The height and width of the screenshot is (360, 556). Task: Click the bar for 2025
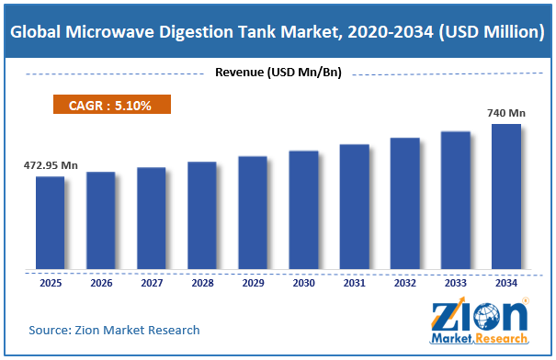click(50, 222)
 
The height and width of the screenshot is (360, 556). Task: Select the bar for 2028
click(202, 216)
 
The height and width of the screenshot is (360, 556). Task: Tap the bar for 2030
click(303, 209)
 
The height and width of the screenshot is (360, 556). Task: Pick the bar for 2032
click(405, 203)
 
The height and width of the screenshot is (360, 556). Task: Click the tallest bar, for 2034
click(506, 197)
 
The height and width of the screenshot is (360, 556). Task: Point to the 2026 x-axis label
click(101, 283)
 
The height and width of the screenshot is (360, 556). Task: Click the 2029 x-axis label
click(253, 283)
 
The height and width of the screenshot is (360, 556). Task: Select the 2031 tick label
click(354, 283)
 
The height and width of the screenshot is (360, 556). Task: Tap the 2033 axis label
click(456, 283)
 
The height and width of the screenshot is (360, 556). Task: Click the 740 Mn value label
click(506, 113)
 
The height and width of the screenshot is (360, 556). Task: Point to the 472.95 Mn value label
click(51, 165)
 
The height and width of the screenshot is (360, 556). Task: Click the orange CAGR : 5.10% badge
click(112, 105)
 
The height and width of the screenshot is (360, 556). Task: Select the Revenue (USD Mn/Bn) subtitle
click(278, 73)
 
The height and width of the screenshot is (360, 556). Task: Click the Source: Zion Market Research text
click(114, 331)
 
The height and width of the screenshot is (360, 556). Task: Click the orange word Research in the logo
click(502, 338)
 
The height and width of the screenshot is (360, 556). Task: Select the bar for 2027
click(152, 219)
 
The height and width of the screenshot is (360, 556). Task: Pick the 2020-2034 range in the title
click(391, 32)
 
